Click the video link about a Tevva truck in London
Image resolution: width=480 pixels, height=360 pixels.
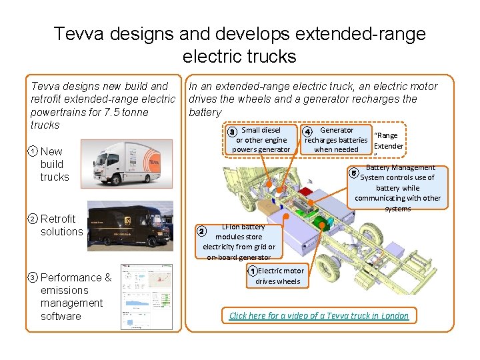(x=319, y=315)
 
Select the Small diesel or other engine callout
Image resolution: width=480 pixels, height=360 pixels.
(x=261, y=140)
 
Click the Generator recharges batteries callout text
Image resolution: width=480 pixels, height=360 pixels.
(x=336, y=140)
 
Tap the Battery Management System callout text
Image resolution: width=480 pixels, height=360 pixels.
(x=397, y=188)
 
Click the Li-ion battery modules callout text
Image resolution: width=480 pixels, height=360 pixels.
(x=239, y=242)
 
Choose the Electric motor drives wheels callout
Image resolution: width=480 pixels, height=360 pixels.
(x=279, y=276)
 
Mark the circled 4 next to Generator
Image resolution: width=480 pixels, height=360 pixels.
(x=307, y=131)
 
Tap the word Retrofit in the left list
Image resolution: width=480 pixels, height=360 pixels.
(x=58, y=219)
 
